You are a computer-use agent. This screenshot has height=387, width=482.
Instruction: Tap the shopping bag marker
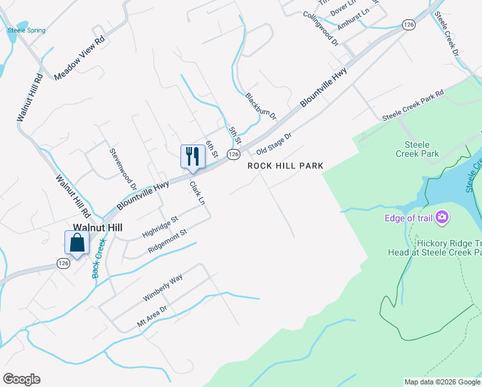click(77, 243)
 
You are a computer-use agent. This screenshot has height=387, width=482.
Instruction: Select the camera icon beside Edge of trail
click(442, 217)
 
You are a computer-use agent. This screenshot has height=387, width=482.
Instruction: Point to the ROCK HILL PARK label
click(285, 166)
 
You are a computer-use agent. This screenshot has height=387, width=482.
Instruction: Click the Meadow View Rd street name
click(79, 57)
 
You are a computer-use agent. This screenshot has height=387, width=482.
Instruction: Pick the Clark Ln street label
click(197, 193)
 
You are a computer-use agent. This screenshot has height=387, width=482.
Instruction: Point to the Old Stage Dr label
click(274, 143)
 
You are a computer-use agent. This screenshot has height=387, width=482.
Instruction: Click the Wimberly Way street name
click(163, 288)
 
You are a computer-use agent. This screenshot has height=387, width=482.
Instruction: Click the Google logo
click(21, 379)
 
